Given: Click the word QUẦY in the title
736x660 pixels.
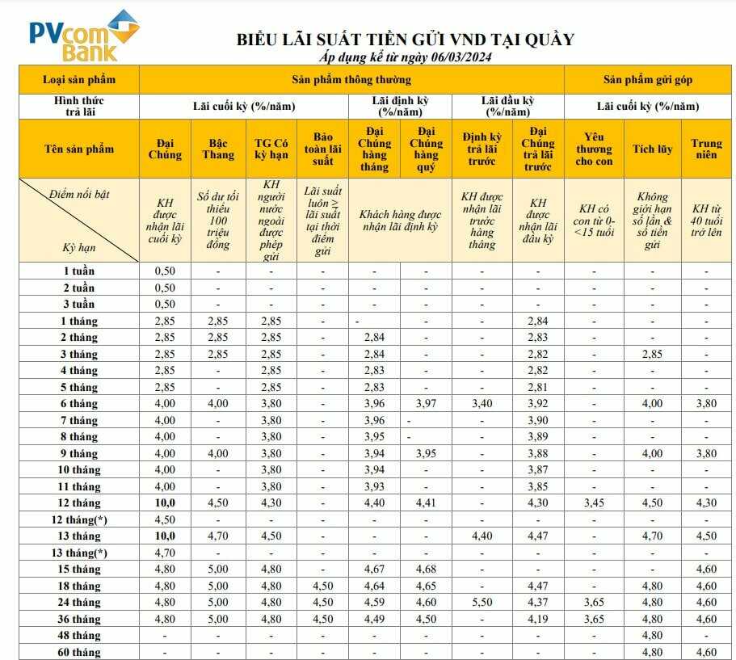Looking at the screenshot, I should (x=547, y=39).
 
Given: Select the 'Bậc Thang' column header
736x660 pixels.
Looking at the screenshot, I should (x=217, y=149).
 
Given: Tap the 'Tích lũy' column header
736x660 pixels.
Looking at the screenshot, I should (x=652, y=149).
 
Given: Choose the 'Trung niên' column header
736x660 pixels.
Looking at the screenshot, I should (x=706, y=149).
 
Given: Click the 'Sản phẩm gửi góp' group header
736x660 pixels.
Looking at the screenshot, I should (x=647, y=80).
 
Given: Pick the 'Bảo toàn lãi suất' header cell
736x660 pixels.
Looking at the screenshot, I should (x=322, y=149).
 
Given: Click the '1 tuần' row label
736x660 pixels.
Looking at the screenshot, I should (x=79, y=271).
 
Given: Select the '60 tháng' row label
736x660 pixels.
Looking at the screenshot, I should (x=79, y=652).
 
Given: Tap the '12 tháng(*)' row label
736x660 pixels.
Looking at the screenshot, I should (x=79, y=519).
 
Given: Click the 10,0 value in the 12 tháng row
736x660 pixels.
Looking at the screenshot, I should (x=165, y=502).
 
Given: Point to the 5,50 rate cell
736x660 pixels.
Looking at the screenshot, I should (x=482, y=602).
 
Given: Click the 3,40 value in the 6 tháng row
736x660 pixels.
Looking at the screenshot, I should (x=482, y=403).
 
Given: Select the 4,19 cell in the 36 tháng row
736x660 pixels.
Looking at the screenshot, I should (x=538, y=619).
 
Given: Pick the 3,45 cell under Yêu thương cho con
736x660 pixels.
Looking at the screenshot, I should (x=594, y=502).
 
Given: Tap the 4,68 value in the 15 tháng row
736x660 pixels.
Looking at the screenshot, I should (x=426, y=569).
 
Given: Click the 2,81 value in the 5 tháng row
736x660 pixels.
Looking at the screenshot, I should (x=538, y=387).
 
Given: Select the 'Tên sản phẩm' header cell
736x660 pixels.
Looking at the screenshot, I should (x=79, y=149).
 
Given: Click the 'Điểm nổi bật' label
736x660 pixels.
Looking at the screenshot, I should (x=79, y=195).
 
